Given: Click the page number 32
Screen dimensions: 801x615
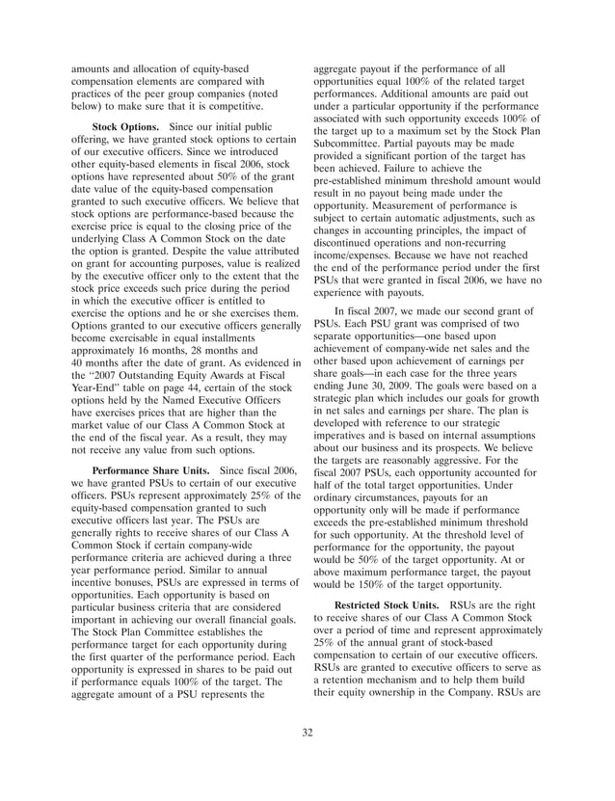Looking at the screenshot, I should (307, 733).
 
